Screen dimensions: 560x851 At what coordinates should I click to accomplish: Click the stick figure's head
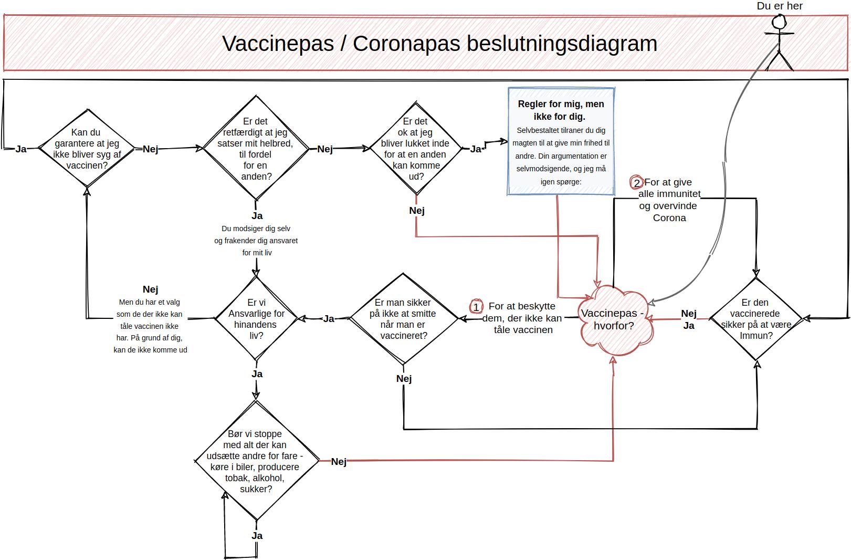click(779, 22)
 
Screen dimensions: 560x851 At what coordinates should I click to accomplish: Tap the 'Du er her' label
click(780, 6)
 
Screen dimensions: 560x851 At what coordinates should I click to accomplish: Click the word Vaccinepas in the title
click(278, 43)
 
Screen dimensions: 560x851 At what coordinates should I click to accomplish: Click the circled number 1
click(476, 306)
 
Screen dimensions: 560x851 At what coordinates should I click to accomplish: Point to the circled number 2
click(637, 183)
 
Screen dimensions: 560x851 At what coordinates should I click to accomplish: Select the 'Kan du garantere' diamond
click(87, 149)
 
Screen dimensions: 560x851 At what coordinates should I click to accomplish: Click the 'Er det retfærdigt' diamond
click(256, 148)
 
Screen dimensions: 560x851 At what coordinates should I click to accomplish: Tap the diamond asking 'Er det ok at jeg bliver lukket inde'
click(415, 148)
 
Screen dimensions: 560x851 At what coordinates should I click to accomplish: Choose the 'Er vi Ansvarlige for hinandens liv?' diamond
click(256, 318)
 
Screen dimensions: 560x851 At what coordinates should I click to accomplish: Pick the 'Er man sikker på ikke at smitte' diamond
click(403, 318)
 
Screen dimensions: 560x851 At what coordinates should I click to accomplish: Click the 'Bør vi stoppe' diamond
click(256, 461)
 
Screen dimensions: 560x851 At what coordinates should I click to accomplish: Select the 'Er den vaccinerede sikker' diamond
click(755, 319)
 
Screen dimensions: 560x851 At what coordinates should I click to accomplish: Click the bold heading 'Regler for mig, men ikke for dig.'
click(561, 110)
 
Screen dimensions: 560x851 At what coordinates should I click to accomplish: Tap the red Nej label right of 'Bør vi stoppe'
click(339, 462)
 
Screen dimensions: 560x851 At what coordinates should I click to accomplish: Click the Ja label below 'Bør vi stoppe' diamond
click(257, 536)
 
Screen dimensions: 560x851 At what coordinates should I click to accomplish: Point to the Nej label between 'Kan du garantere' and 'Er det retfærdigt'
click(150, 149)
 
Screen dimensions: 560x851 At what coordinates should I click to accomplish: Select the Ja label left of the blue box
click(476, 149)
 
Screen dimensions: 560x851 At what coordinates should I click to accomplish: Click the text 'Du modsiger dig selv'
click(256, 229)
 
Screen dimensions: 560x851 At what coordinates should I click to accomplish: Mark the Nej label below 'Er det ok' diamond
click(416, 211)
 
